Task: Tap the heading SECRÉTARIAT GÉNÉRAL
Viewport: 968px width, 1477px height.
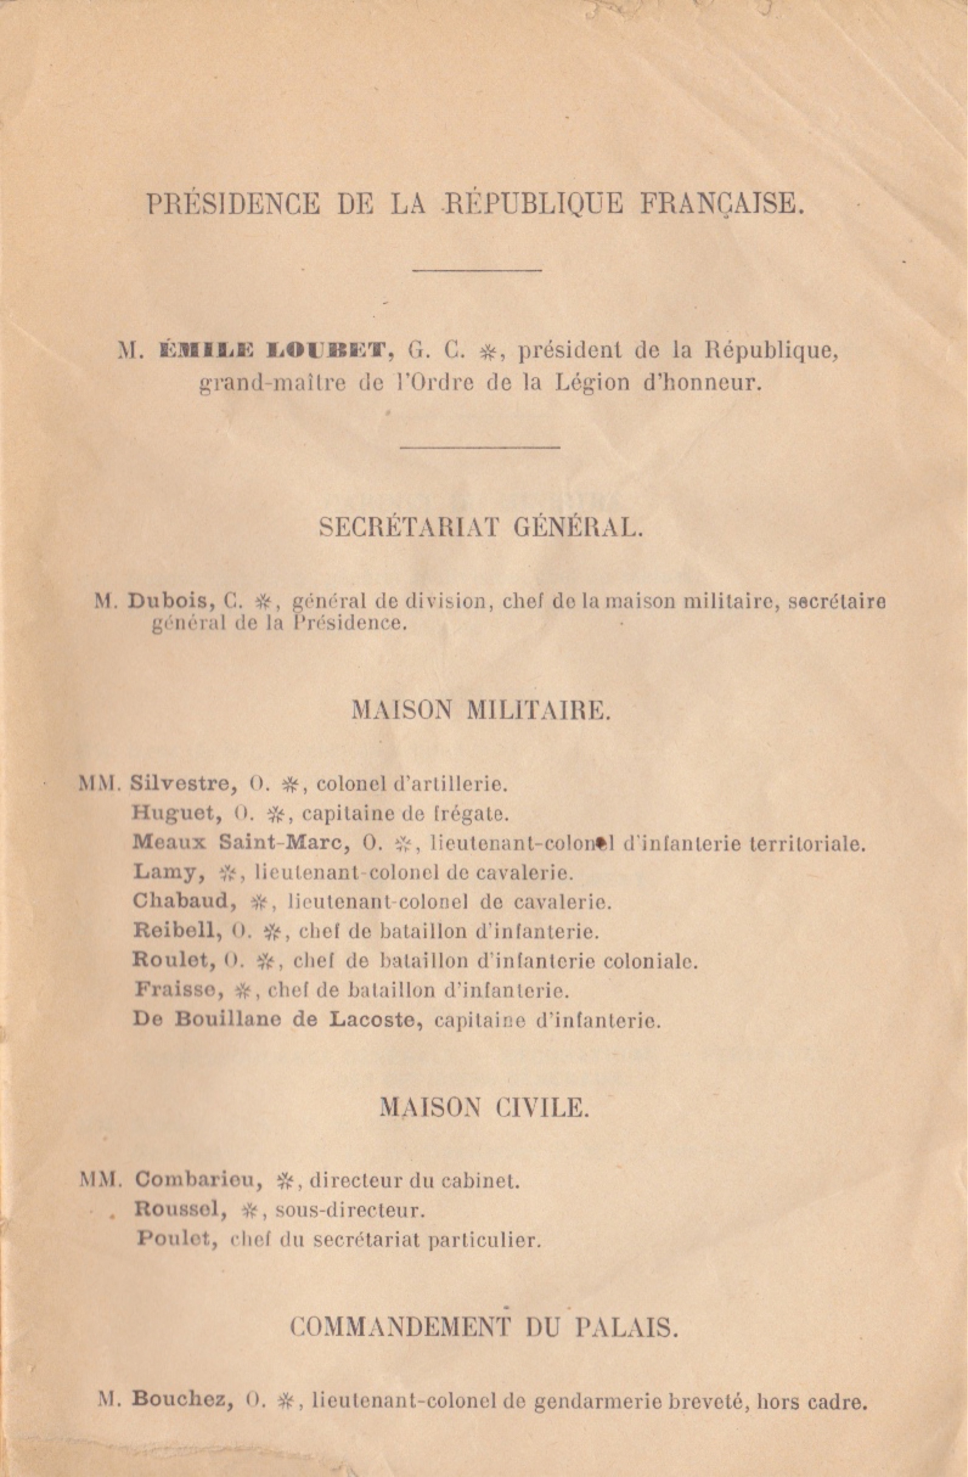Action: tap(481, 528)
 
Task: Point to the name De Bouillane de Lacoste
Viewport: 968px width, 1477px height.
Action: tap(277, 1020)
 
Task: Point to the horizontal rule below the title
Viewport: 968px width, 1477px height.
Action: tap(477, 270)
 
